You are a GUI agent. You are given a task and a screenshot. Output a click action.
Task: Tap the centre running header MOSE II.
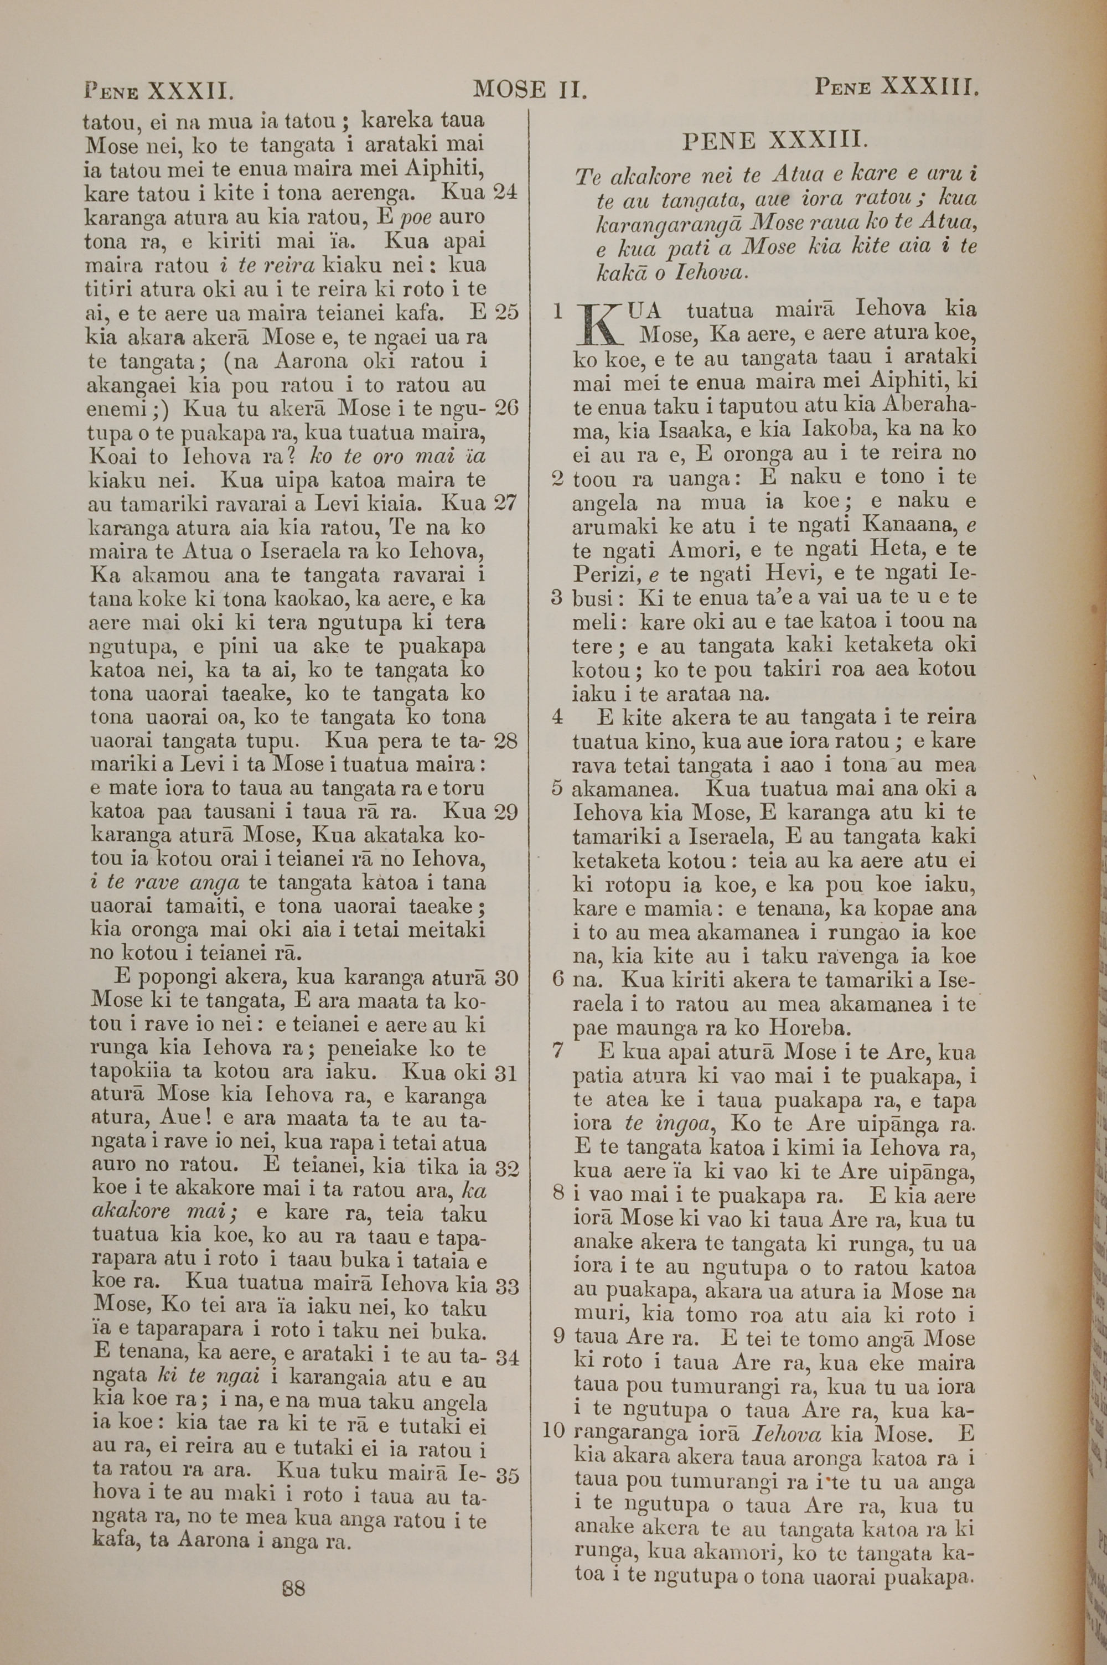tap(530, 89)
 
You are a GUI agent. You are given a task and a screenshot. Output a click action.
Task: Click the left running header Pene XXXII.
tap(158, 90)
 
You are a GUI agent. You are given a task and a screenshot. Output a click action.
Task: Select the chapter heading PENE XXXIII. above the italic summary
tap(774, 141)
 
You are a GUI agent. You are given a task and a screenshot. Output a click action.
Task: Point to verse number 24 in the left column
tap(505, 192)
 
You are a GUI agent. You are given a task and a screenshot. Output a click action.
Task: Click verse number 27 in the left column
tap(505, 503)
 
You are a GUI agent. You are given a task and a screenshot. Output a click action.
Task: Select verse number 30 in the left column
tap(506, 978)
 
